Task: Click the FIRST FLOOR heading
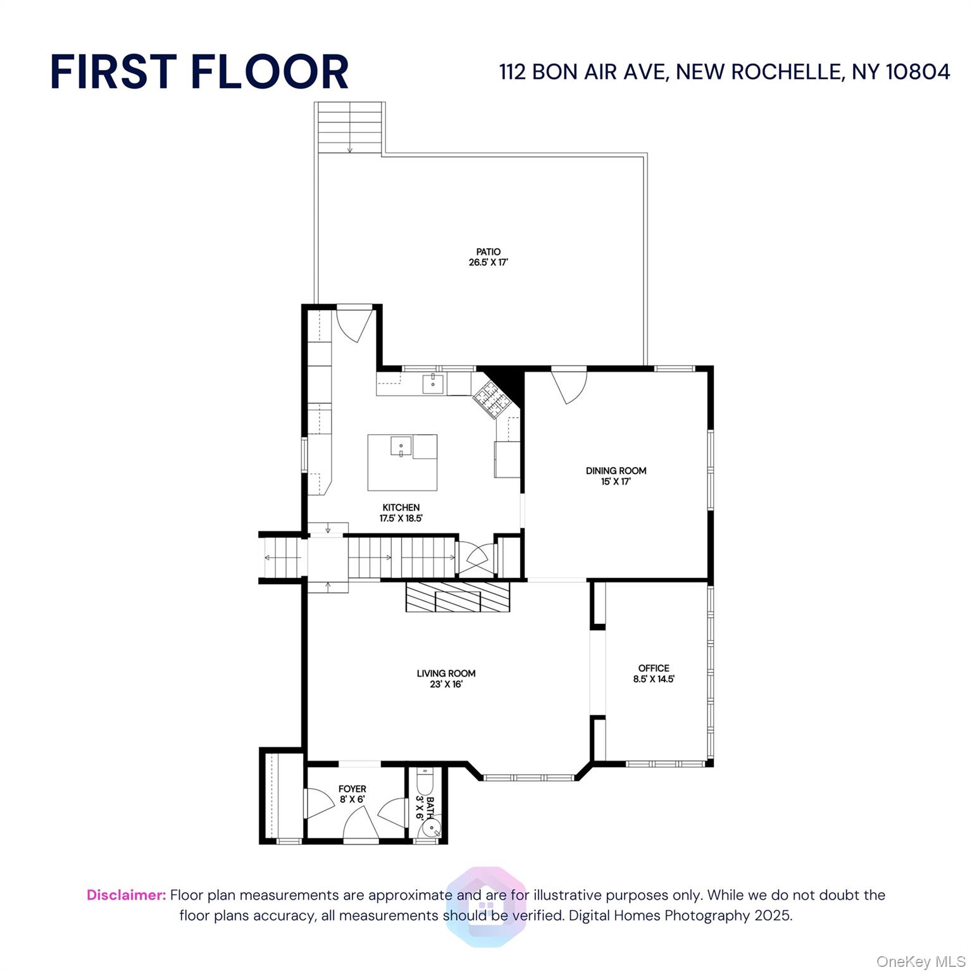click(x=199, y=72)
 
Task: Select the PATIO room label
click(x=489, y=252)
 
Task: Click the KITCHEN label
click(x=401, y=508)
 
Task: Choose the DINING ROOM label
click(x=616, y=471)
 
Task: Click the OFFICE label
click(x=654, y=668)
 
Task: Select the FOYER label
click(x=352, y=789)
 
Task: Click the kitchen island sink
click(x=401, y=446)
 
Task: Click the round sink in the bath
click(x=430, y=829)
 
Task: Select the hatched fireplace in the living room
click(x=458, y=596)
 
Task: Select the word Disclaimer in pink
click(x=127, y=895)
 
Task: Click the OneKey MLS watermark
click(x=921, y=962)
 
